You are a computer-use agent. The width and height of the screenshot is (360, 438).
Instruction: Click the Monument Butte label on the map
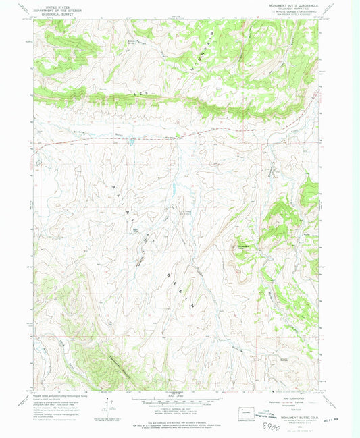pyautogui.click(x=242, y=247)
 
